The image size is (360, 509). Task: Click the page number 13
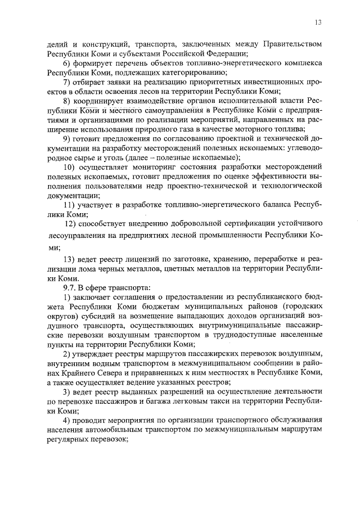[318, 22]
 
